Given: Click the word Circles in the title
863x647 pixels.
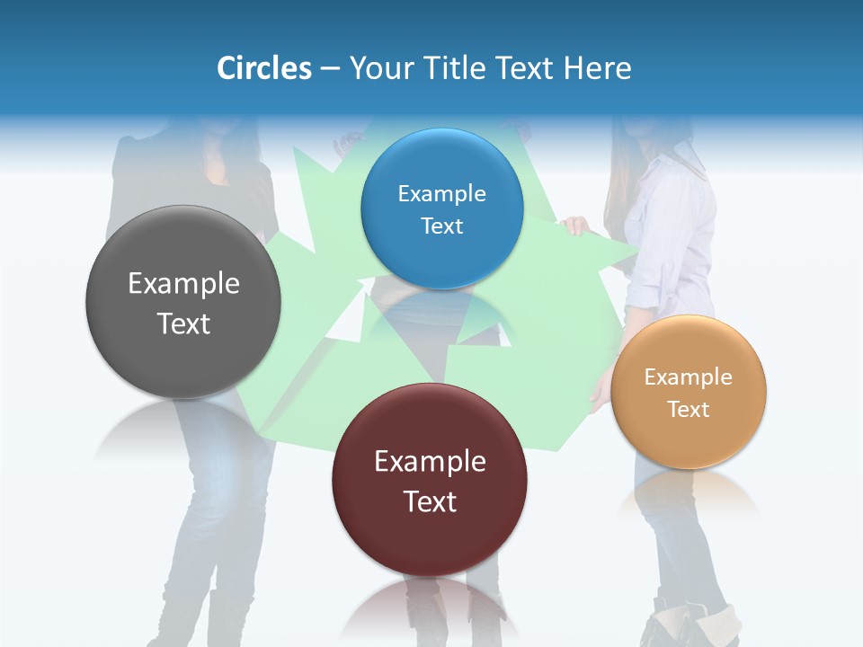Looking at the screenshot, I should click(263, 68).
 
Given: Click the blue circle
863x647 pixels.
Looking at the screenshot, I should click(441, 208).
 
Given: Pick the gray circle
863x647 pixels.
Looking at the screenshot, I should click(183, 302).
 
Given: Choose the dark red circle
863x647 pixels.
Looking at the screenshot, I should click(430, 480).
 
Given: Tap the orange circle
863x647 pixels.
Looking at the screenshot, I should click(689, 392).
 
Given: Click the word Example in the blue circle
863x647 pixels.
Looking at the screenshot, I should click(441, 193).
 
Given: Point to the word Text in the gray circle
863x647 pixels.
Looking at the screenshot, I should click(183, 323).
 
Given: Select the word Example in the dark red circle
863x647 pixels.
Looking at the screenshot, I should click(430, 461).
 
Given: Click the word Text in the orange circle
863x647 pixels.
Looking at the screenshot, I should click(689, 409).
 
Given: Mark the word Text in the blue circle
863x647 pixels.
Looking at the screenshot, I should click(441, 226).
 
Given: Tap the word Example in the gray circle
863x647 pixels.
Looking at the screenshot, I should click(183, 283).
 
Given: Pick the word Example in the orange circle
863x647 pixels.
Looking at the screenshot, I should click(689, 377).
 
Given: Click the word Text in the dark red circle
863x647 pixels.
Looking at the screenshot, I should click(430, 501).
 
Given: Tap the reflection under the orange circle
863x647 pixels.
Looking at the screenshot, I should click(689, 490).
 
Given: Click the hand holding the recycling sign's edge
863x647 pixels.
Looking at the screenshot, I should click(575, 226).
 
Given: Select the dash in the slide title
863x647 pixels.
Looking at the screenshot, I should click(330, 69).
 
